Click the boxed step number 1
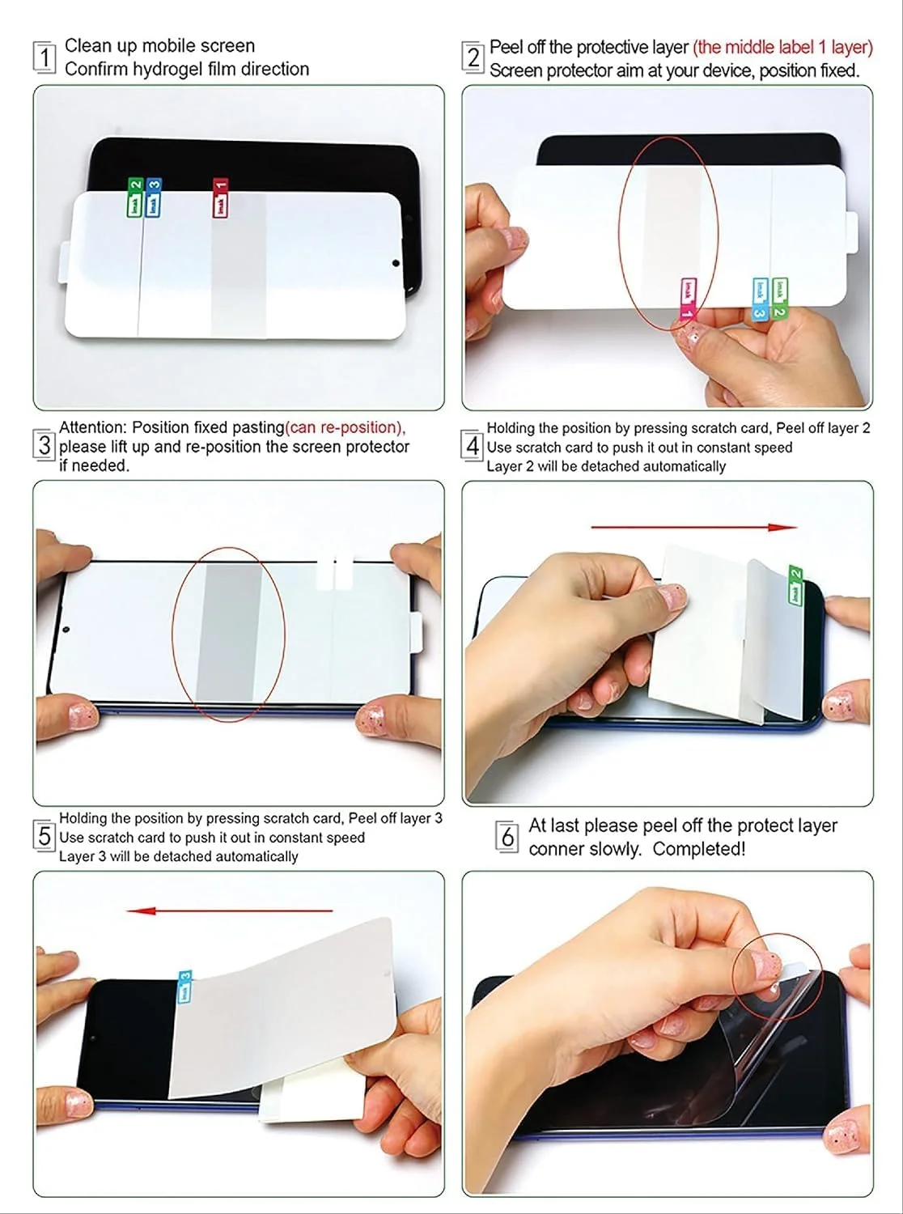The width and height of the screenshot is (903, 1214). pyautogui.click(x=45, y=57)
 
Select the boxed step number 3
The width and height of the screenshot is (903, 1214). pyautogui.click(x=44, y=445)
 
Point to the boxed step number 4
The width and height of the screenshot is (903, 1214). pyautogui.click(x=472, y=445)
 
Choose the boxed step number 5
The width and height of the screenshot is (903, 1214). pyautogui.click(x=44, y=836)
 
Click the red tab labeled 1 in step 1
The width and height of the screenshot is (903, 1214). pyautogui.click(x=220, y=197)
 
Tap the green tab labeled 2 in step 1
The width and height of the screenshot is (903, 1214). pyautogui.click(x=135, y=197)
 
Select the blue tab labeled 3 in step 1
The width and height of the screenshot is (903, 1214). pyautogui.click(x=153, y=197)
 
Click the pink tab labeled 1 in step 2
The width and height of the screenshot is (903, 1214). pyautogui.click(x=688, y=299)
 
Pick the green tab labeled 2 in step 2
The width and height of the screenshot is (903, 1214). pyautogui.click(x=779, y=299)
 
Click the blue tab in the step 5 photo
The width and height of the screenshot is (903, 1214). pyautogui.click(x=185, y=987)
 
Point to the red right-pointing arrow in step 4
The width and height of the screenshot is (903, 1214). pyautogui.click(x=693, y=528)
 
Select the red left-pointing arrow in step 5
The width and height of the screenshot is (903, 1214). pyautogui.click(x=229, y=910)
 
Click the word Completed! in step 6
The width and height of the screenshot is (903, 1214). pyautogui.click(x=699, y=849)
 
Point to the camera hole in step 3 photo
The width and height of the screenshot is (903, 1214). pyautogui.click(x=66, y=630)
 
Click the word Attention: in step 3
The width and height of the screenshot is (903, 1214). pyautogui.click(x=93, y=427)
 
